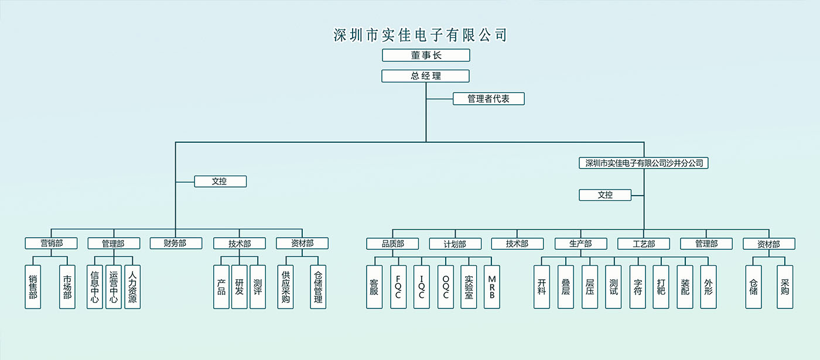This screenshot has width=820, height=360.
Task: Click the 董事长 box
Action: [426, 56]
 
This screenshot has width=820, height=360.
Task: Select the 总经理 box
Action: [426, 76]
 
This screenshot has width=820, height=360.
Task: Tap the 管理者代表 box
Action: [488, 99]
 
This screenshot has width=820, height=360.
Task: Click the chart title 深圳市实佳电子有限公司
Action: [420, 35]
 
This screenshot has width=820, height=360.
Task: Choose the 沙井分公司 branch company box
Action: [644, 163]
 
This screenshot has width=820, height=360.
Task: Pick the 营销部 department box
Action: [52, 244]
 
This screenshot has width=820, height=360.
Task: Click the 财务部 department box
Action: [176, 244]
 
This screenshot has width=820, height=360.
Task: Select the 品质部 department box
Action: [393, 244]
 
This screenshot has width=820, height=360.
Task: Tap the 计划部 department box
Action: [455, 244]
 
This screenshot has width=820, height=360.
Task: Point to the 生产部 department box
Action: [580, 244]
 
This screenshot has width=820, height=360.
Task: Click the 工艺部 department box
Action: [644, 244]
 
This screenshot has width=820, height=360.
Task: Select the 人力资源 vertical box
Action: [132, 287]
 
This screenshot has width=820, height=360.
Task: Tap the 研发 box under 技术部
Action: [240, 287]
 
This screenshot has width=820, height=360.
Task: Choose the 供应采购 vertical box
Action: [286, 287]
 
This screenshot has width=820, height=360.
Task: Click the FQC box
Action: [398, 287]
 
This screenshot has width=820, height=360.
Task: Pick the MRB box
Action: [492, 287]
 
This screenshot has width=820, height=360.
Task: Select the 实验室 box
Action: [469, 287]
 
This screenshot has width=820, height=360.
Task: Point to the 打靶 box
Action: [661, 287]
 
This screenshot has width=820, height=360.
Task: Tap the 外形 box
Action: [709, 287]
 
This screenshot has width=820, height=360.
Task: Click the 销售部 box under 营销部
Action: [33, 287]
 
